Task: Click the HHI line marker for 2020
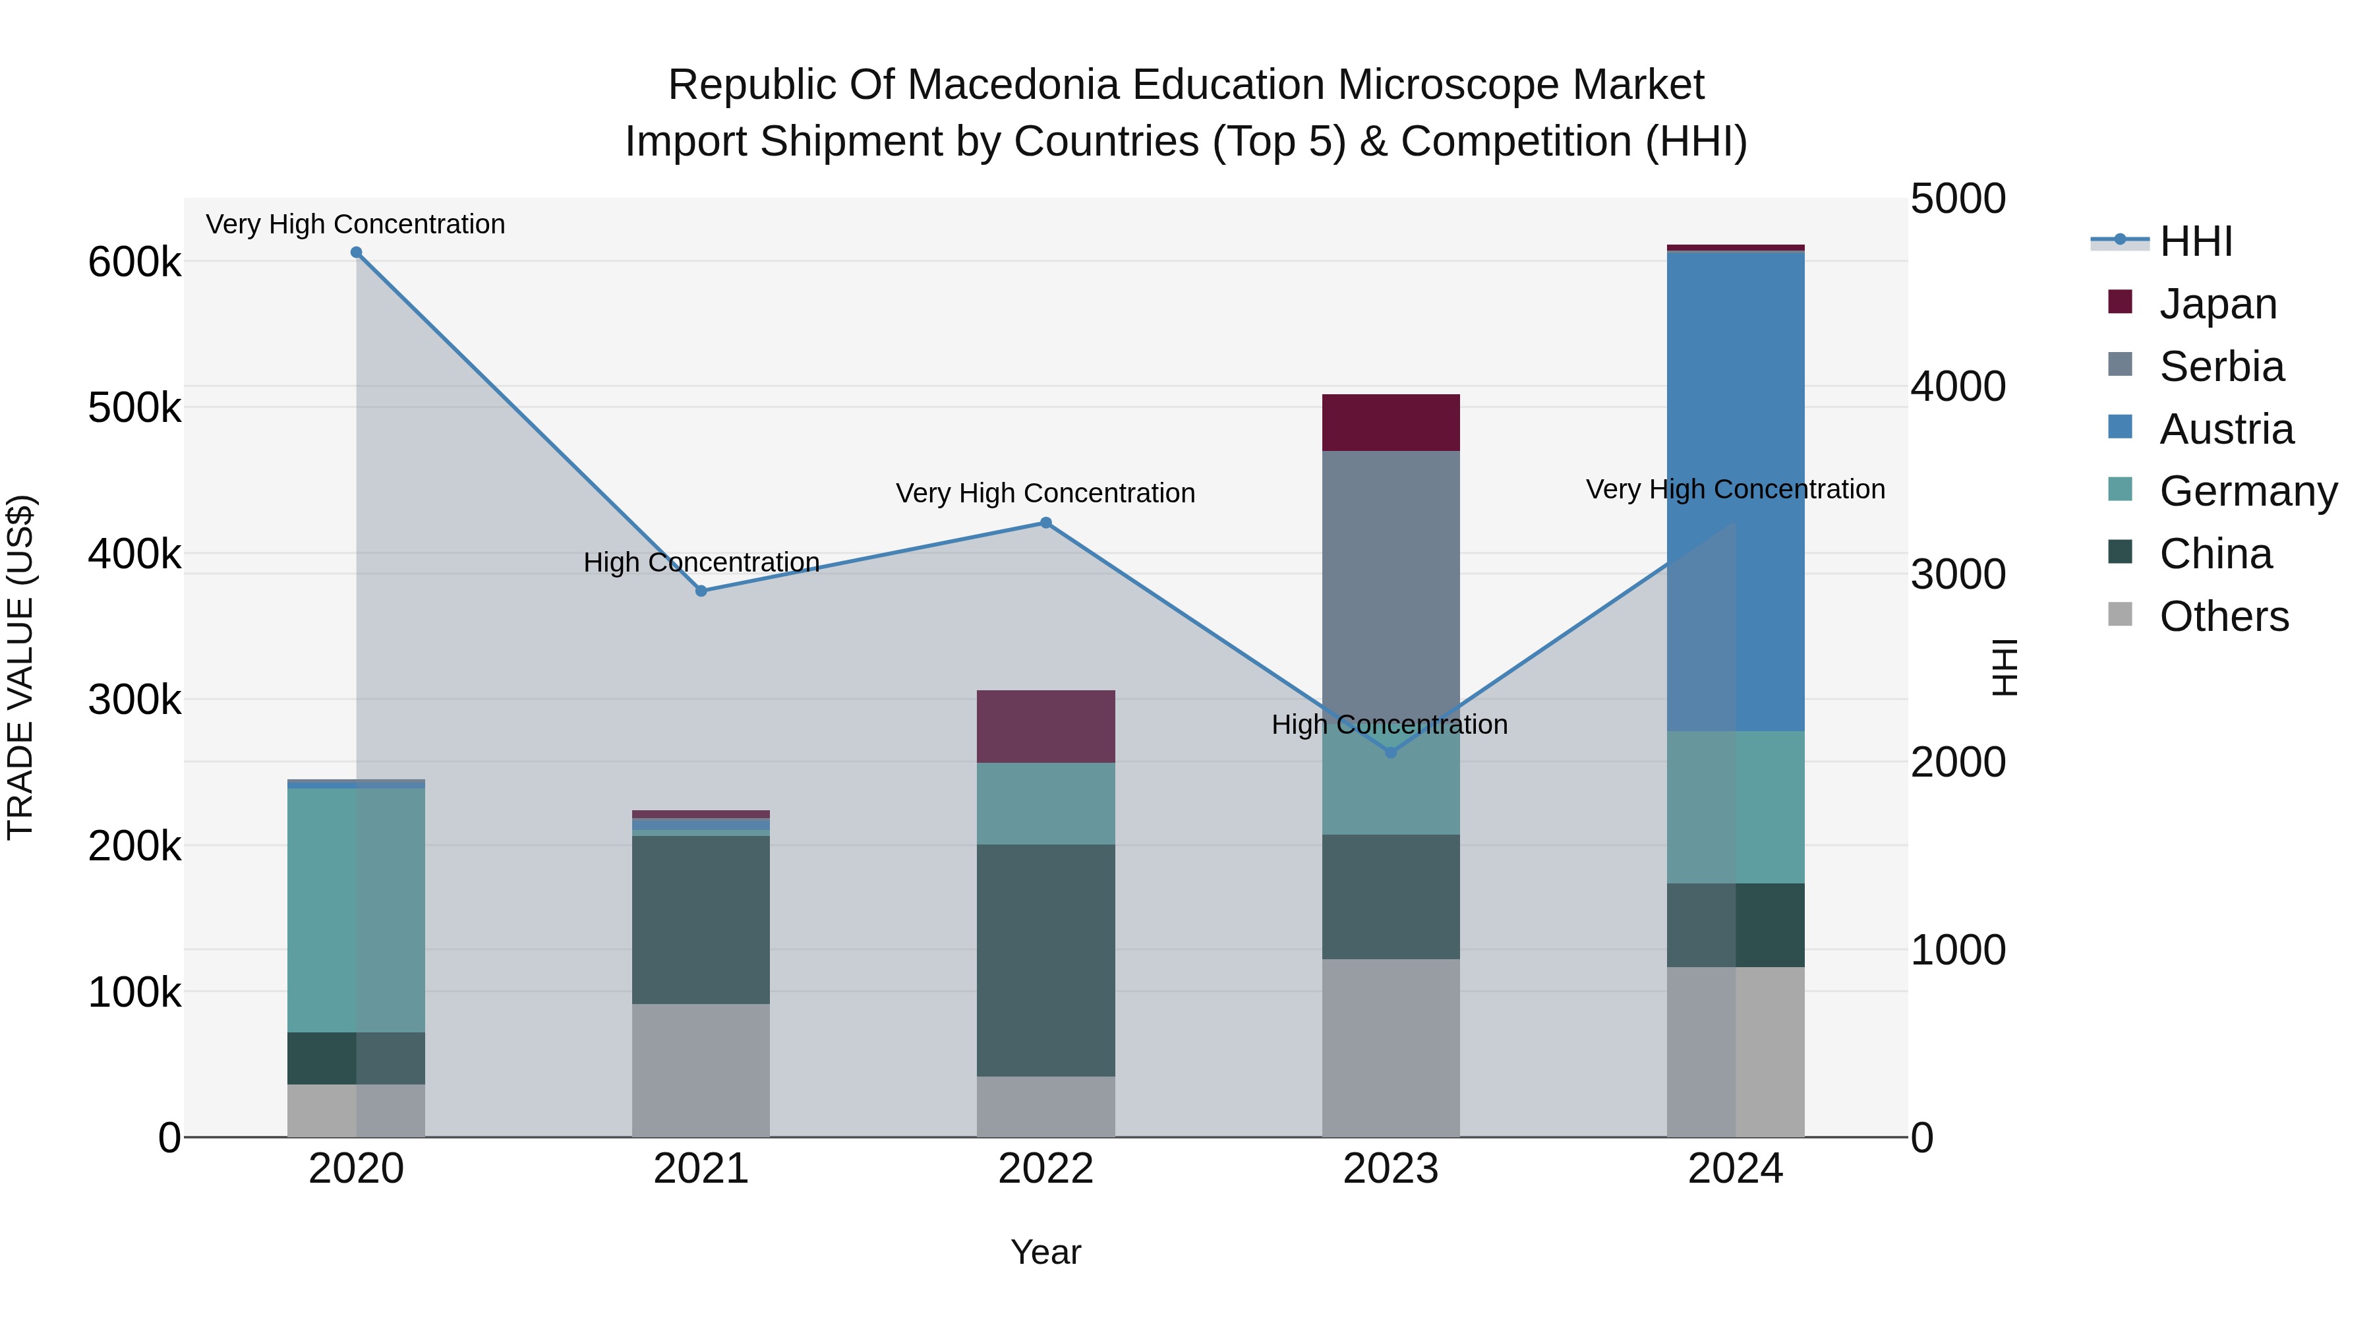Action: click(357, 252)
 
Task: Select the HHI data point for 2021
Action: click(701, 591)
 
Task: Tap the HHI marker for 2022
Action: click(1045, 523)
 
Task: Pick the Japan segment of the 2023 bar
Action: click(1391, 423)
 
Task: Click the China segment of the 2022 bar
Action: click(1045, 960)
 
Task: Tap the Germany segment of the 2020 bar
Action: click(357, 910)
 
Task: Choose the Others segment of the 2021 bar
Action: click(701, 1071)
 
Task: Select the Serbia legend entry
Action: click(2220, 367)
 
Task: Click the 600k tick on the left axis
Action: click(134, 262)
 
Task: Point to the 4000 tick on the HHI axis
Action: click(1958, 387)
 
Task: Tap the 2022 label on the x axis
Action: click(1045, 1169)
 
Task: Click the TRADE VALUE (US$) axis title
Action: click(20, 667)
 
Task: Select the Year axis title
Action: click(1045, 1252)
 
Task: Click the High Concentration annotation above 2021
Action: click(701, 562)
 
